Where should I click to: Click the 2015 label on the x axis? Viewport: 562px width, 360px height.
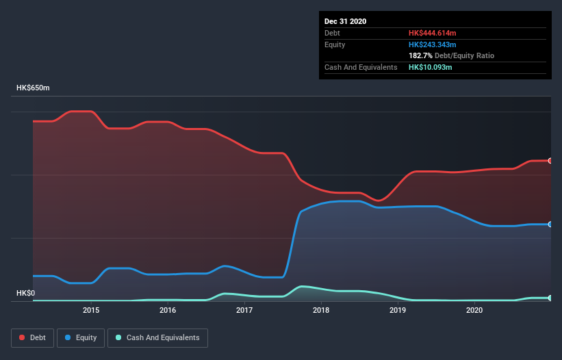pos(91,311)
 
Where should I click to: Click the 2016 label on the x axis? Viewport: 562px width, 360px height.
pos(168,311)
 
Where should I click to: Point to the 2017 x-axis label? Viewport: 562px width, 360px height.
pos(244,311)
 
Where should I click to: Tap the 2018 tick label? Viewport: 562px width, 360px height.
pos(321,311)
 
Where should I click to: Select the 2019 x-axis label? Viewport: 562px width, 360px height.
pos(398,311)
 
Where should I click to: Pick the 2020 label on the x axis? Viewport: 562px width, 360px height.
pos(474,311)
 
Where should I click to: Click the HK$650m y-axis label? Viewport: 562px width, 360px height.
pos(33,88)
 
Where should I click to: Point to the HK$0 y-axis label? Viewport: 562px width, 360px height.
pos(26,294)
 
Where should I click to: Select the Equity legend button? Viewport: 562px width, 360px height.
pos(81,337)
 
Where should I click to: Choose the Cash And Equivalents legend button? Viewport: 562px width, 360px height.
pos(157,337)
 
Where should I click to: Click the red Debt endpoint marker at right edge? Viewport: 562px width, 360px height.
pos(550,161)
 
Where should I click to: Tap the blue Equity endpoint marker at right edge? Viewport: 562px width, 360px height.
pos(550,224)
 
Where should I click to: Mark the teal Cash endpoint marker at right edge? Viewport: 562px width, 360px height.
pos(550,298)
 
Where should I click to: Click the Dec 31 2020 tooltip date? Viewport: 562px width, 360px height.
pos(345,21)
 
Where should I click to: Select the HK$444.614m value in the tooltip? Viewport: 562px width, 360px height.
pos(433,33)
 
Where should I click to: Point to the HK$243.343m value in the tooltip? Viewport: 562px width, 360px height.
pos(433,44)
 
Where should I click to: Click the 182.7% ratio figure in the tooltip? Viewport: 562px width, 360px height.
pos(420,55)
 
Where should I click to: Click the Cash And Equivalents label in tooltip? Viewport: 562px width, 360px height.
pos(361,67)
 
